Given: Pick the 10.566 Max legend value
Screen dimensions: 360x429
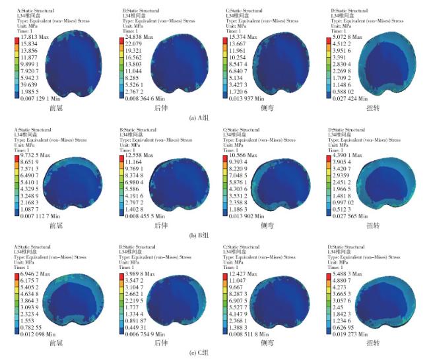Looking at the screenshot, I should (x=243, y=156).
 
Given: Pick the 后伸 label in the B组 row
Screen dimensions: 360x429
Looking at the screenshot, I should (x=160, y=226).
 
